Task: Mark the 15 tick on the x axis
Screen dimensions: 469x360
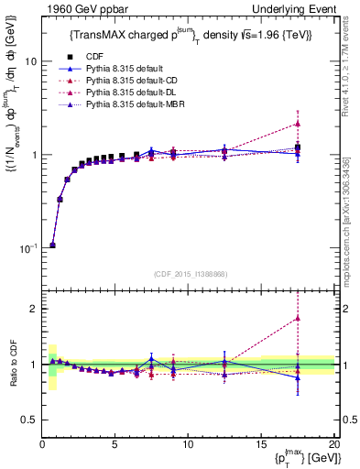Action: click(x=261, y=444)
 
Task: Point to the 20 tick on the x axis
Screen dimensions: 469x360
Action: click(x=333, y=444)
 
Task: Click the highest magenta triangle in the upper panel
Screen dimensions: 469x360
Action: click(x=298, y=123)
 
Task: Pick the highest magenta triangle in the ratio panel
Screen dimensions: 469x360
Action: click(x=298, y=319)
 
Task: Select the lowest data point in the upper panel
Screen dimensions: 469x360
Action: click(x=52, y=245)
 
